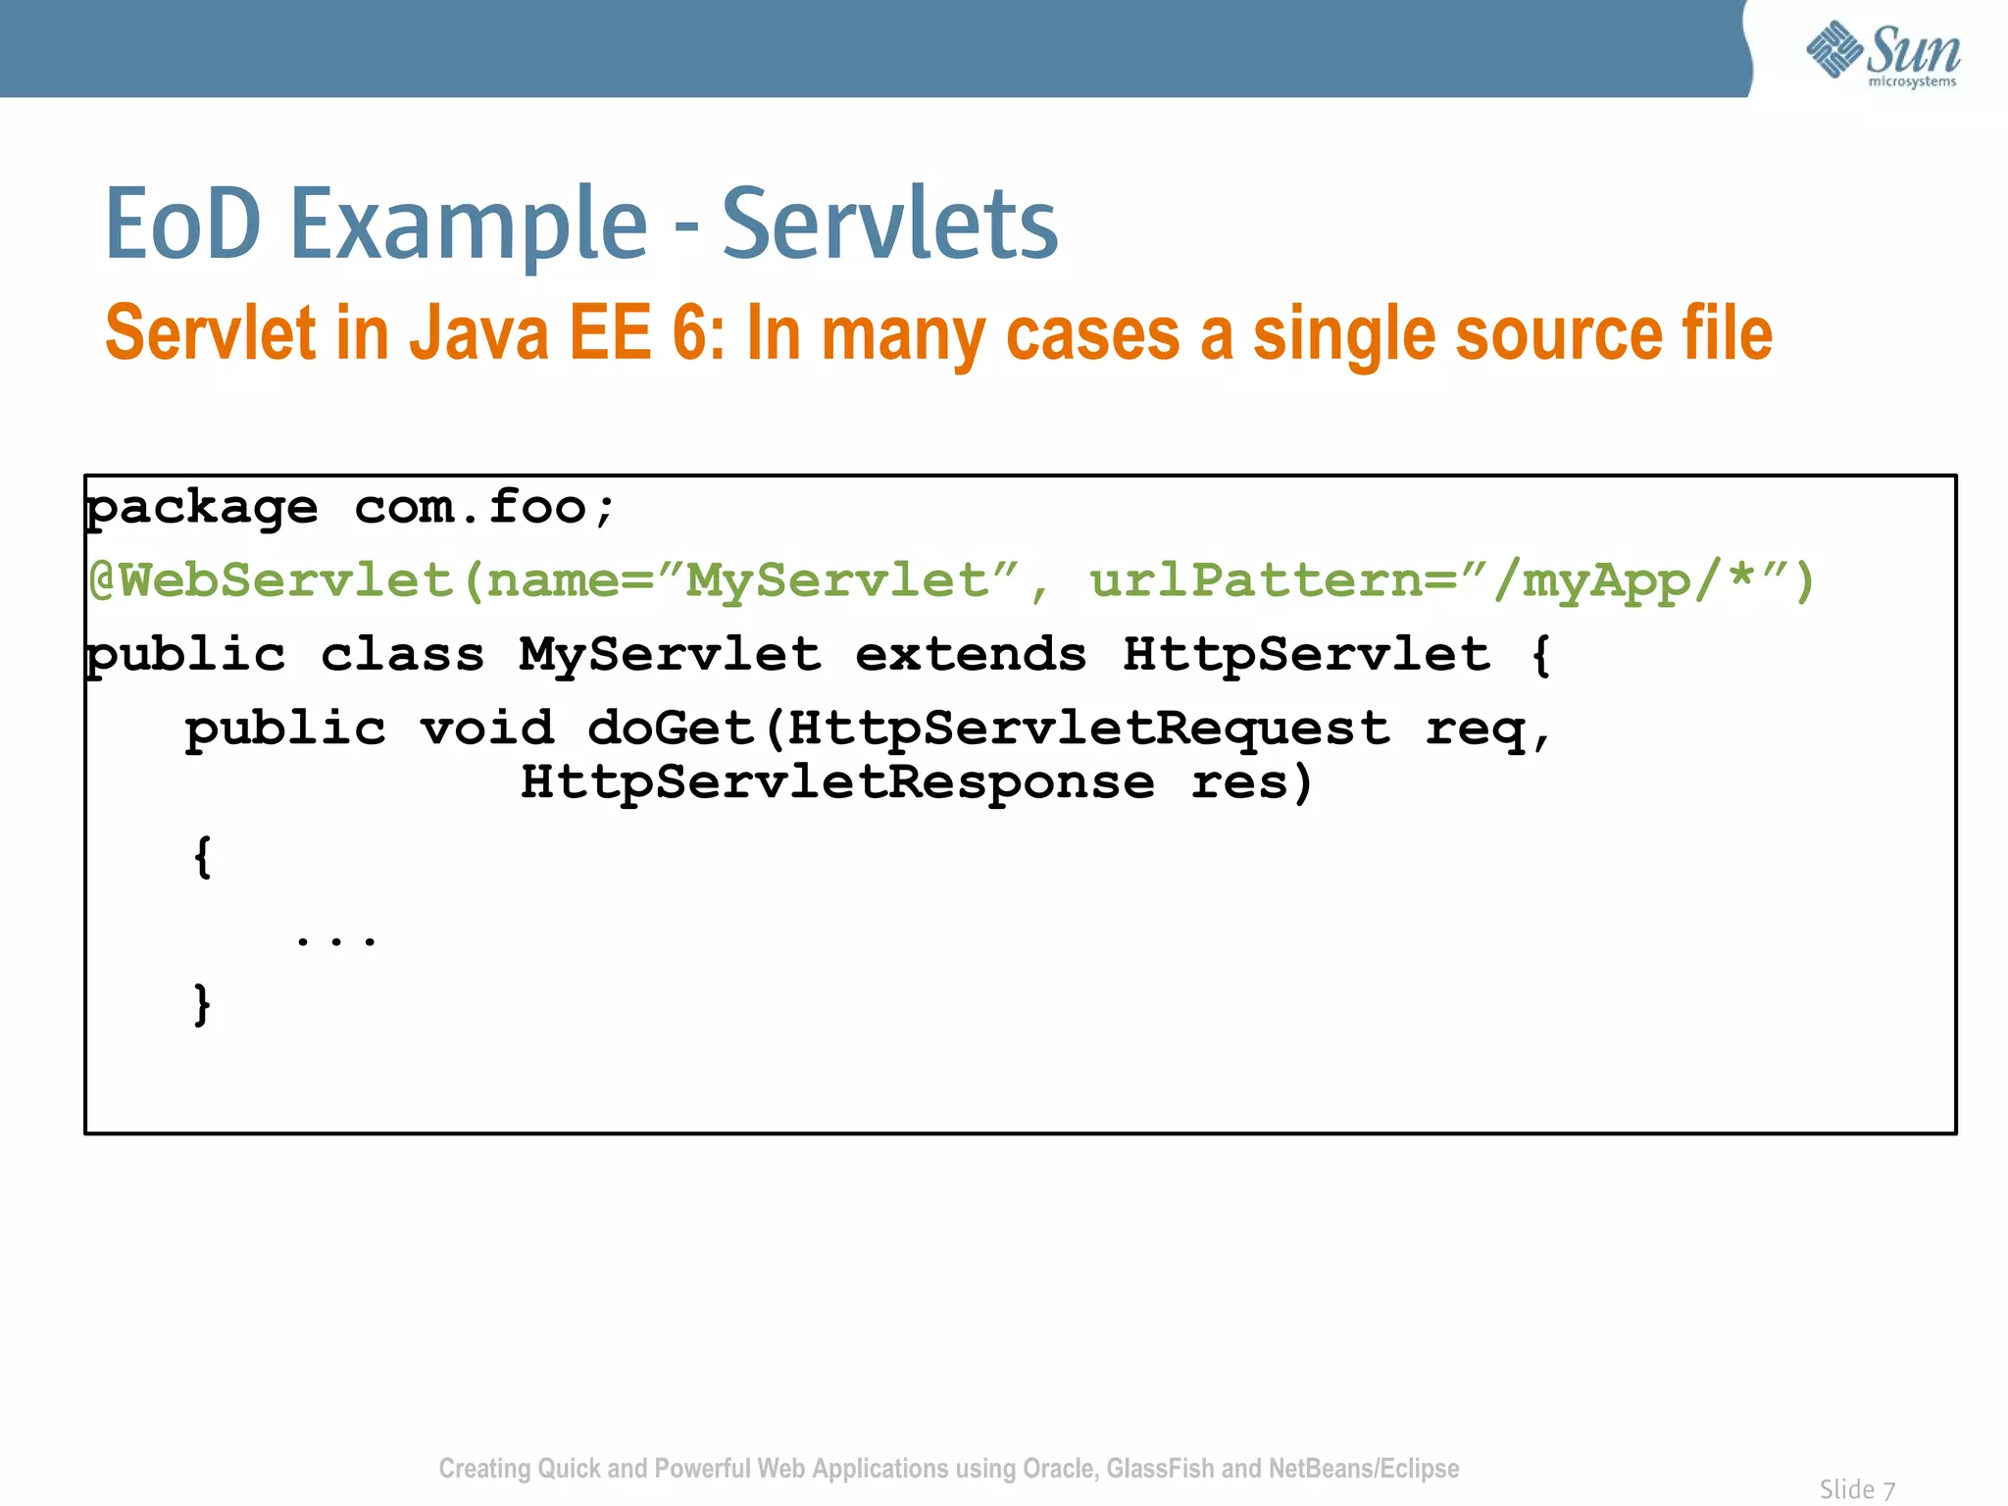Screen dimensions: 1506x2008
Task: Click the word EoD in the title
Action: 183,225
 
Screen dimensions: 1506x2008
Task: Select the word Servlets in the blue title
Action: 889,225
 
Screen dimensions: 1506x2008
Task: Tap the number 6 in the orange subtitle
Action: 689,333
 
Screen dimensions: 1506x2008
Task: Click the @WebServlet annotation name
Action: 270,580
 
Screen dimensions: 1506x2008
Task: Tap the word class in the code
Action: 403,654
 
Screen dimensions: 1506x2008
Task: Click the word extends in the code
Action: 971,654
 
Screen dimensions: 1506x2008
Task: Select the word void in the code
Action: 487,728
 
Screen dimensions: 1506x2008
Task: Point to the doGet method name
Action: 670,728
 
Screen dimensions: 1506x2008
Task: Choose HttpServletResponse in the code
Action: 837,782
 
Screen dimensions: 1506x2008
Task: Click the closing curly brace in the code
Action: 202,1004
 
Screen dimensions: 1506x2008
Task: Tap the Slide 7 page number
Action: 1857,1489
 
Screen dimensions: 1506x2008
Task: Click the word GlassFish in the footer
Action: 1160,1469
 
